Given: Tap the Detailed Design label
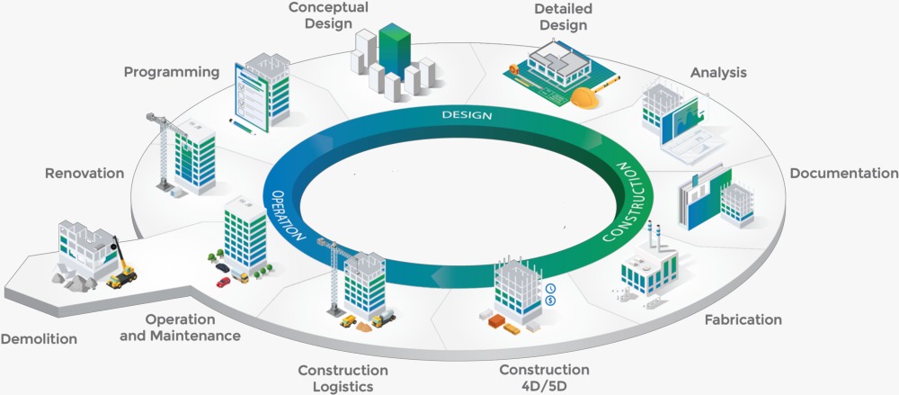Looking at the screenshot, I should point(563,15).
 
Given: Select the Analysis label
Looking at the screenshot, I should point(718,72).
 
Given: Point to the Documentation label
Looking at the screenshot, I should point(843,173).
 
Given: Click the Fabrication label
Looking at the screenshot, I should point(743,319).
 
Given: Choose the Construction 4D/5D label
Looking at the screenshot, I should point(544,377).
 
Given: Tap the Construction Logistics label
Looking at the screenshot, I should point(343,378).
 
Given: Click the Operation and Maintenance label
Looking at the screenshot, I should point(192,328).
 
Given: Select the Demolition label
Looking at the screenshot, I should point(39,339).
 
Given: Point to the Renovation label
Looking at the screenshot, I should point(85,173).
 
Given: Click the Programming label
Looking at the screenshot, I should point(172,72).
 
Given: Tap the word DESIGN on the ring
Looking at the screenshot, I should point(466,116).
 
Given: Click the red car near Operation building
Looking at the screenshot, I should point(223,282).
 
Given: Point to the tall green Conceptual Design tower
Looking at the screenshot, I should point(394,54).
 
